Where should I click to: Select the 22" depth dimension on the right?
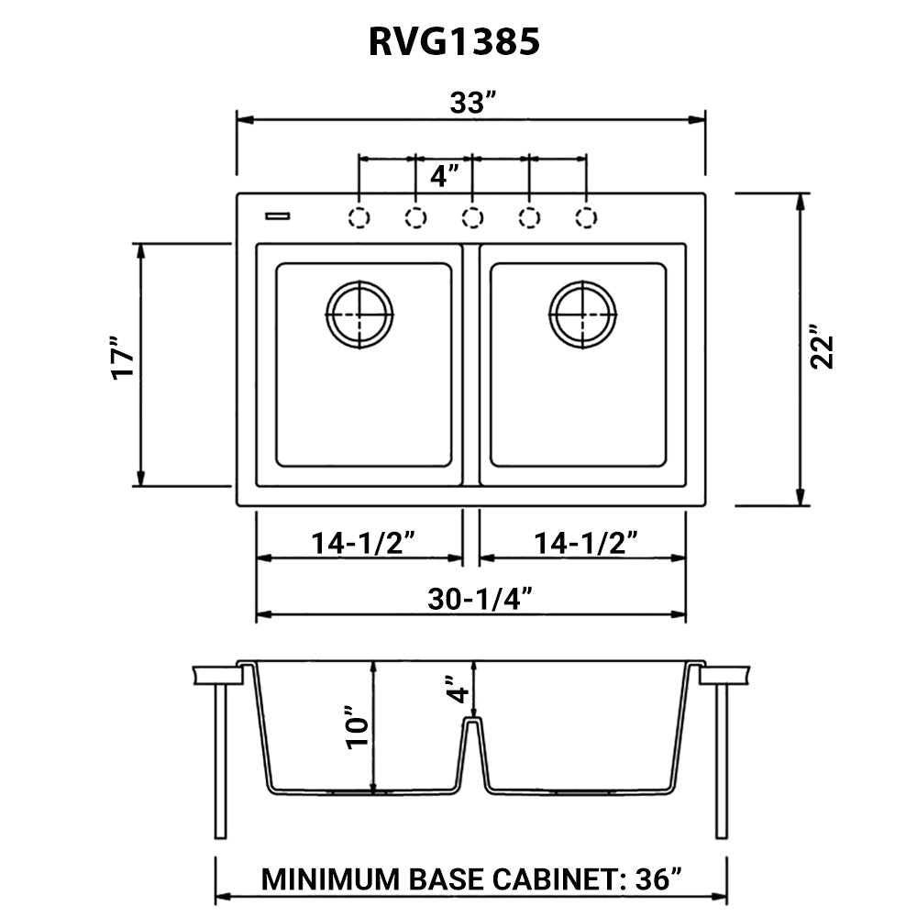click(822, 347)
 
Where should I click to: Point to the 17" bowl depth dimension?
click(123, 364)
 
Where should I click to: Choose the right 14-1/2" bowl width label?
click(585, 543)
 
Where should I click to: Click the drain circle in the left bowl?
click(359, 315)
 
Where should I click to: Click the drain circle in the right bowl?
click(582, 315)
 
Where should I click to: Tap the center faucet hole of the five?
click(472, 217)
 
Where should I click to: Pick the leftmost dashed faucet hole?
click(359, 217)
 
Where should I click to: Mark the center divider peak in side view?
click(470, 723)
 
